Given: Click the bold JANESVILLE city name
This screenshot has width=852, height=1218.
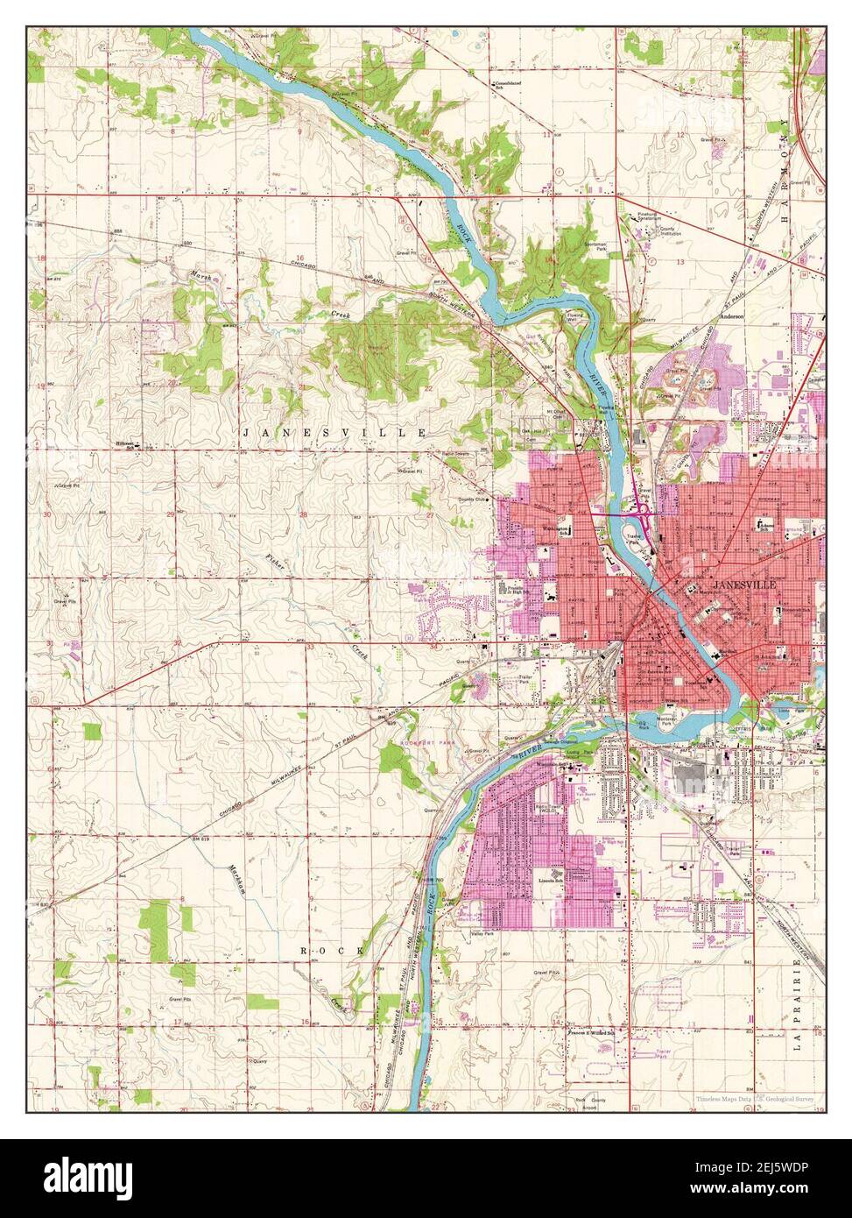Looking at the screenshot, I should click(x=743, y=584).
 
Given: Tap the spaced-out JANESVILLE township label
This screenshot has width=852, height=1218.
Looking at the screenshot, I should click(x=334, y=433).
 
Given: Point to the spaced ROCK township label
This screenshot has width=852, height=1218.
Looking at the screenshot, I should click(x=331, y=950).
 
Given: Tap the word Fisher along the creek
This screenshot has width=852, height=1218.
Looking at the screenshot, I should click(x=276, y=565).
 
